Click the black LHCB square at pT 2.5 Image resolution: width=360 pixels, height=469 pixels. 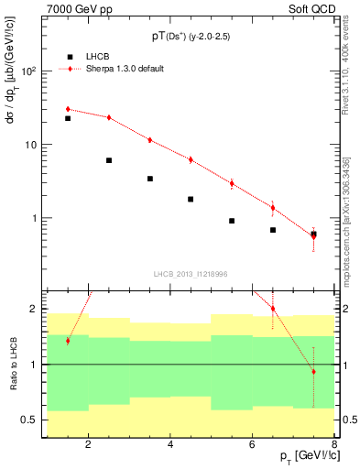(109, 160)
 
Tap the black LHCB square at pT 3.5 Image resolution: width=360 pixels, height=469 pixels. (150, 179)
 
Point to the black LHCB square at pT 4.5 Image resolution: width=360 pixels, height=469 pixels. (191, 199)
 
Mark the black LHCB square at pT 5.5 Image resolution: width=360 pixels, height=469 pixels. (232, 221)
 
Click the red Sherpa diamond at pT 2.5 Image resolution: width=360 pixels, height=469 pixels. (109, 117)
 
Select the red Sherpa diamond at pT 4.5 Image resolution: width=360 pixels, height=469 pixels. (191, 159)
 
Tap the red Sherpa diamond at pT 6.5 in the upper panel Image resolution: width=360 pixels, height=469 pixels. (273, 208)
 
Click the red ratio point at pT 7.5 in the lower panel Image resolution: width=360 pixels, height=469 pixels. (313, 372)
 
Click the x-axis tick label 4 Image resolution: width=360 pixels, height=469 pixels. (171, 446)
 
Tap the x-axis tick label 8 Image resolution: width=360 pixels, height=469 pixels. (335, 446)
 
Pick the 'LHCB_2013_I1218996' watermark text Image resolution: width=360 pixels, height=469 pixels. (189, 273)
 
